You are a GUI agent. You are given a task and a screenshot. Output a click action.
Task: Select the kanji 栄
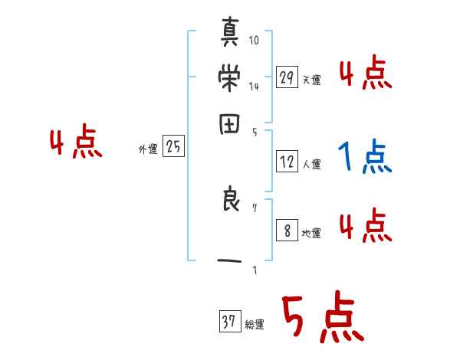[x=229, y=78]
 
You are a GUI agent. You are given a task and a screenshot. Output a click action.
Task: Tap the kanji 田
[x=229, y=125]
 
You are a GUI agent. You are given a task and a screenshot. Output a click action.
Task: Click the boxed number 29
[x=287, y=77]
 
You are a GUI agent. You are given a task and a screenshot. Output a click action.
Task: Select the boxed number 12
[x=287, y=161]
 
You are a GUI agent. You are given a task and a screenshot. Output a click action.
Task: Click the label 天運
[x=312, y=80]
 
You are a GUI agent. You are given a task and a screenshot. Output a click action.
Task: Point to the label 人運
[x=312, y=164]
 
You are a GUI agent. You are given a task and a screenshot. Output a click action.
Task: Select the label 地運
[x=312, y=233]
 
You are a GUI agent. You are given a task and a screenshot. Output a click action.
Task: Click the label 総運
[x=255, y=325]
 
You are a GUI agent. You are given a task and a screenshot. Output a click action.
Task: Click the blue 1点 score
[x=365, y=157]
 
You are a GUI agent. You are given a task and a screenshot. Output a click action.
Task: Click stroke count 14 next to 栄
[x=254, y=87]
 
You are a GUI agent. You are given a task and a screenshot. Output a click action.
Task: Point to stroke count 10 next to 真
[x=254, y=40]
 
